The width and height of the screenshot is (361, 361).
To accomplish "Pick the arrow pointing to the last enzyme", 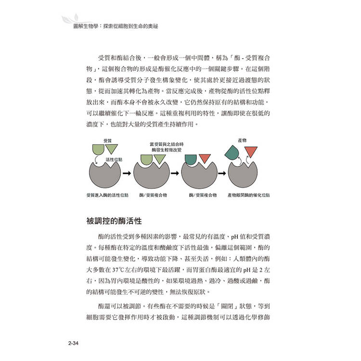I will [223, 173].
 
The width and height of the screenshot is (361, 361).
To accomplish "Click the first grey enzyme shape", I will [104, 176].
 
